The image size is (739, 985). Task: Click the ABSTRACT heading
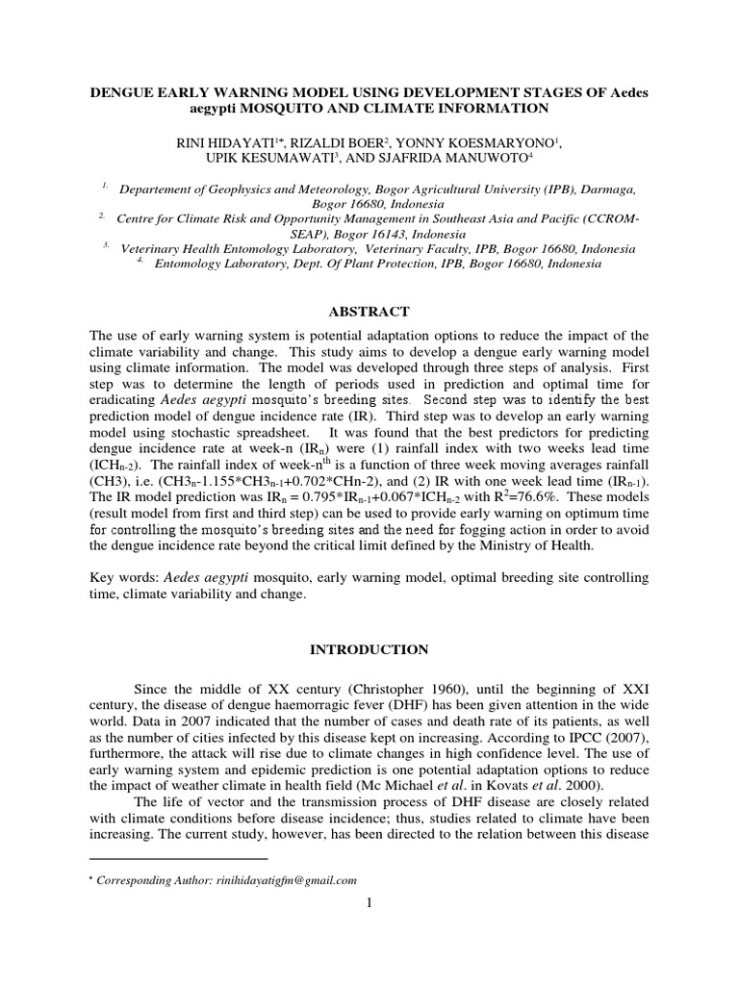pyautogui.click(x=369, y=311)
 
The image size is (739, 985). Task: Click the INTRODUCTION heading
pyautogui.click(x=369, y=650)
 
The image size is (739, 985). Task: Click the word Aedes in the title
pyautogui.click(x=628, y=92)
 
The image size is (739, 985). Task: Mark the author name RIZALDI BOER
pyautogui.click(x=333, y=142)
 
